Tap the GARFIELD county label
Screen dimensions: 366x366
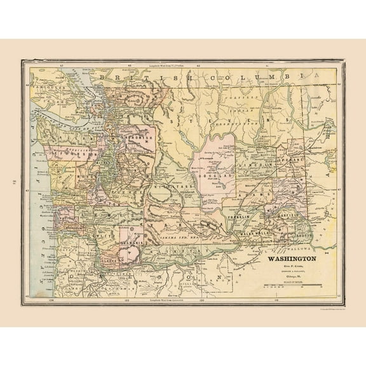coord(290,216)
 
